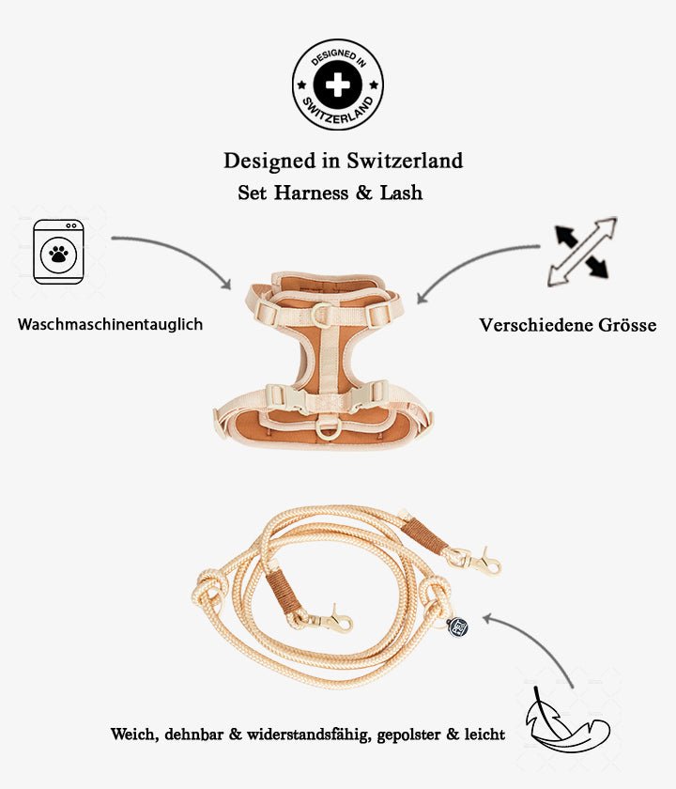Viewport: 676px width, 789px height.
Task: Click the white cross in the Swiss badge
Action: (337, 85)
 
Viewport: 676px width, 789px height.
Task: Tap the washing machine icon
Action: (58, 252)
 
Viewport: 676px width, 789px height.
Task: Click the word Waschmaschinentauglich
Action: (110, 324)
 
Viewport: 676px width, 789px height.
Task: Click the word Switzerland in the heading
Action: (405, 161)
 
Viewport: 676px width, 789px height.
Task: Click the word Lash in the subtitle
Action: (401, 193)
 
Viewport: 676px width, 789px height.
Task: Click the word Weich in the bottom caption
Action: (132, 734)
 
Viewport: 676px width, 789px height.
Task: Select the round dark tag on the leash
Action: (458, 627)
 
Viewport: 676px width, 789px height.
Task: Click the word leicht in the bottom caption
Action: (484, 734)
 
